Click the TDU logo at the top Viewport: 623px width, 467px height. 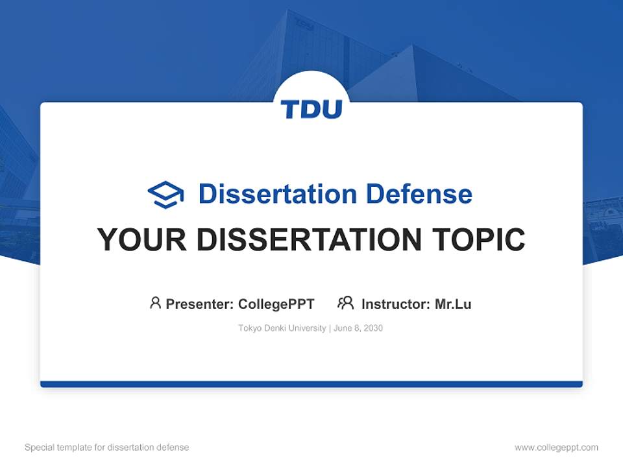click(311, 109)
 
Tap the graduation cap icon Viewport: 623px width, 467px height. click(165, 195)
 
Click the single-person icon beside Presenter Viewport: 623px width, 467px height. click(155, 303)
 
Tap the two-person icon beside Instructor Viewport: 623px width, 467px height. click(345, 303)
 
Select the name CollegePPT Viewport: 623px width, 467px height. click(276, 304)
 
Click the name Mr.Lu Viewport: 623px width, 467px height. click(453, 304)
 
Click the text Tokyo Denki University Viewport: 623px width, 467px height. click(282, 328)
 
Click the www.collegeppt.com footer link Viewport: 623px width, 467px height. click(556, 448)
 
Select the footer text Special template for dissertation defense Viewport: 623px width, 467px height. click(107, 448)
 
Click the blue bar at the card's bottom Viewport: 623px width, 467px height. click(311, 384)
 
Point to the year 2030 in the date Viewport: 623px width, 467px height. click(373, 328)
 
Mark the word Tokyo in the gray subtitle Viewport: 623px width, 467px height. click(249, 328)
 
